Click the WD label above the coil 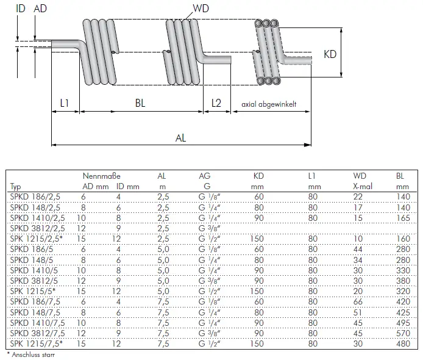coord(202,9)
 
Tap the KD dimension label coord(330,54)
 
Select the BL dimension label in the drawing coord(140,104)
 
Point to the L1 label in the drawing coord(65,104)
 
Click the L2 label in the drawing coord(216,104)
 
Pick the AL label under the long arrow coord(180,138)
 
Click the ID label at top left coord(21,9)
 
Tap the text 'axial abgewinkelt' coord(269,104)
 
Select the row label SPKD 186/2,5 coord(36,196)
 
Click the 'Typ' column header coord(16,186)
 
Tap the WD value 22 coord(358,196)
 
